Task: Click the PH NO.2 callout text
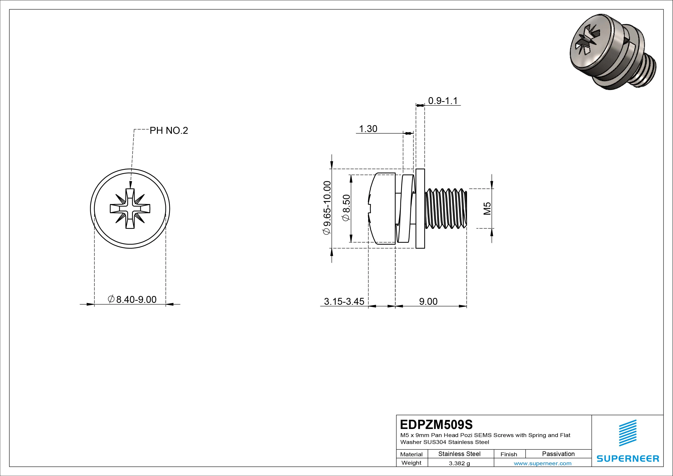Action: pyautogui.click(x=169, y=131)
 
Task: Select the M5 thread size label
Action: pyautogui.click(x=487, y=208)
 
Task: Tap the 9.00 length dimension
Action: pyautogui.click(x=428, y=301)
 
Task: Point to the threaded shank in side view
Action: pyautogui.click(x=445, y=208)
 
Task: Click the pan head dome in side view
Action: pyautogui.click(x=381, y=208)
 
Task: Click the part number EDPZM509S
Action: pyautogui.click(x=436, y=424)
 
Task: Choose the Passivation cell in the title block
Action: pyautogui.click(x=558, y=454)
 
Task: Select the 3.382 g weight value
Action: pyautogui.click(x=459, y=463)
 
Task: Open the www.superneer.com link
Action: pyautogui.click(x=542, y=463)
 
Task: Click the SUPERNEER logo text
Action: pyautogui.click(x=628, y=458)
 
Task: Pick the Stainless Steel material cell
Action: pyautogui.click(x=459, y=454)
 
